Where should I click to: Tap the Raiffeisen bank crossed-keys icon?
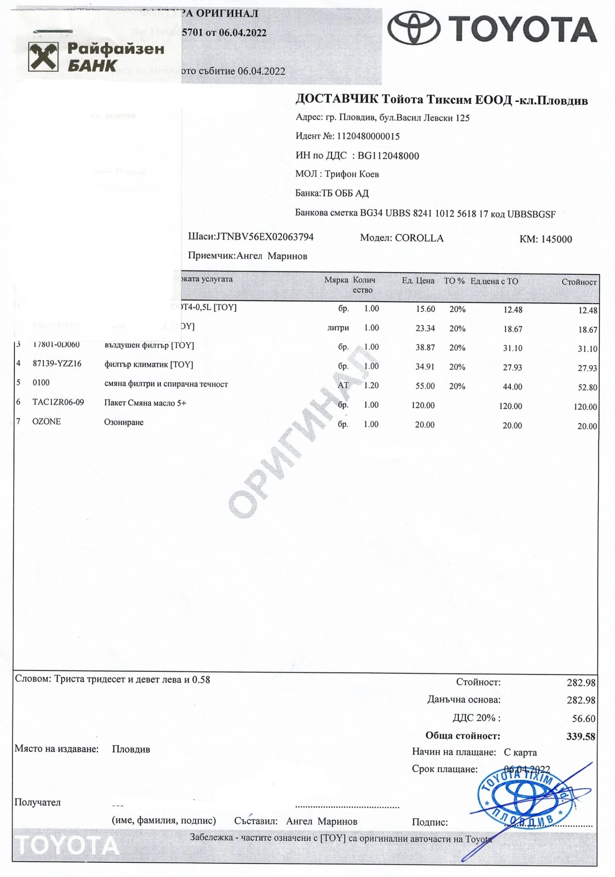[43, 57]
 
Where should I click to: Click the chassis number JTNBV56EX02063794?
[265, 237]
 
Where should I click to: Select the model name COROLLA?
[419, 238]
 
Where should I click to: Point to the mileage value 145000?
[556, 239]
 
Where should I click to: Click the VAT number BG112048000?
[388, 156]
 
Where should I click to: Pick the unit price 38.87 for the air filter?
[425, 347]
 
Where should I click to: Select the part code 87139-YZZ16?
[57, 364]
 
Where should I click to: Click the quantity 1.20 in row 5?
[371, 385]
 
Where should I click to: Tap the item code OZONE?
[47, 422]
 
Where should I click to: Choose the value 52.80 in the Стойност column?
[587, 387]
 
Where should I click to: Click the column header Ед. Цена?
[418, 281]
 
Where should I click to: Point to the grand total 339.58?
[580, 736]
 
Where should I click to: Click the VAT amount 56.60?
[583, 718]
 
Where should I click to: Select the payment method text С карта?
[520, 752]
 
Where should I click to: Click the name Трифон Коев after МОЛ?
[352, 174]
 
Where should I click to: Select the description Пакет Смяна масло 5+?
[145, 403]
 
